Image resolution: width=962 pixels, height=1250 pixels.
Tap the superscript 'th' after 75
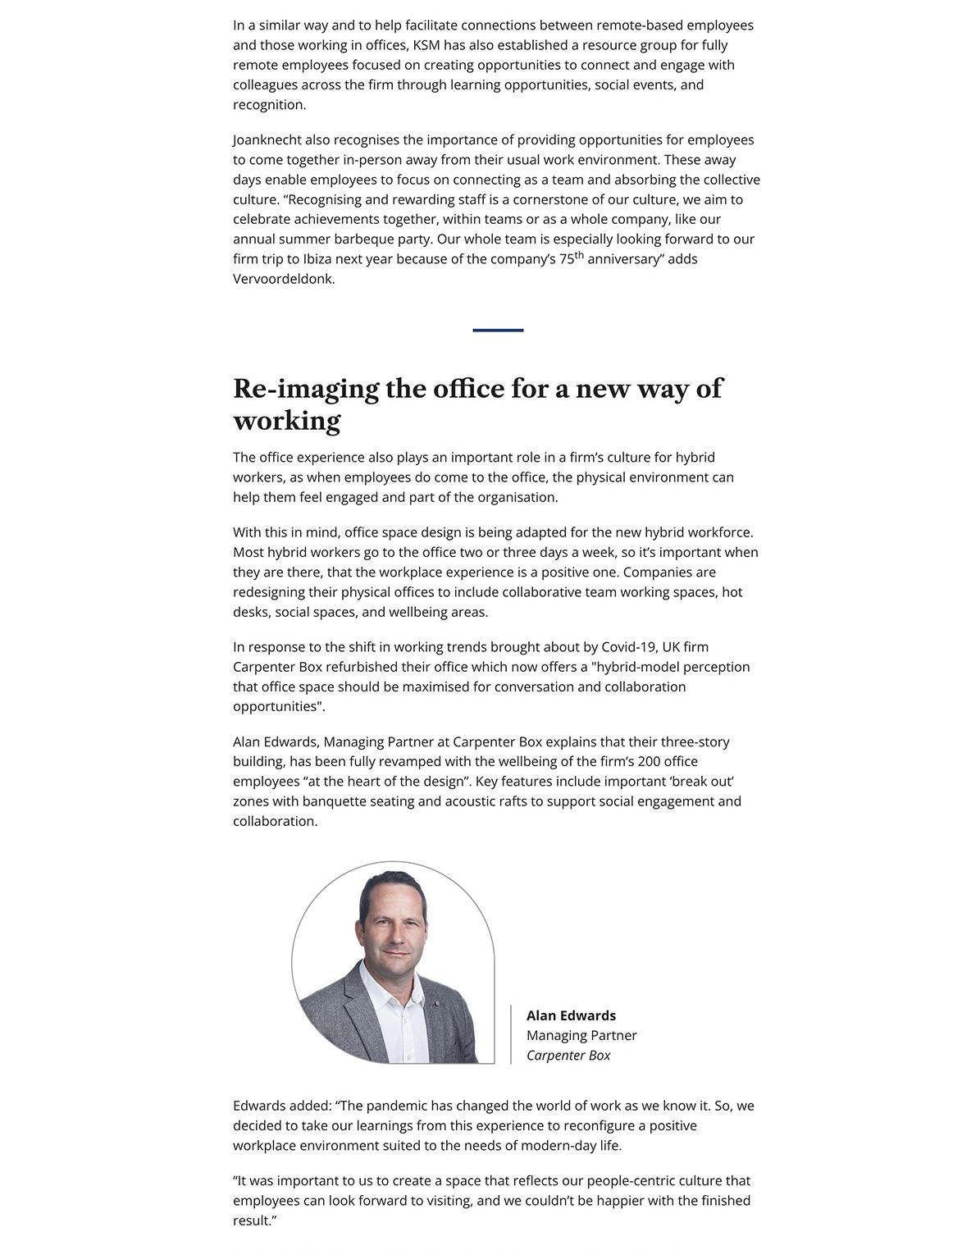coord(579,255)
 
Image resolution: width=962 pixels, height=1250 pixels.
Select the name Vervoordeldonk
coord(283,279)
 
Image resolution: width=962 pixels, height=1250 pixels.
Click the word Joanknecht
coord(267,140)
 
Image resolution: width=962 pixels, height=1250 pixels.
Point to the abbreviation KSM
coord(426,45)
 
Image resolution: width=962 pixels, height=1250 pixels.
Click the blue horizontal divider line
coord(498,330)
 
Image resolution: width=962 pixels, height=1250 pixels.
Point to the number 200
coord(650,762)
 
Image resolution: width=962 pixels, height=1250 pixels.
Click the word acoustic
coord(470,801)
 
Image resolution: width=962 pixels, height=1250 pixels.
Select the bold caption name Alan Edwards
coord(571,1015)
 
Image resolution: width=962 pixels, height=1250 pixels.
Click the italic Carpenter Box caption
coord(568,1056)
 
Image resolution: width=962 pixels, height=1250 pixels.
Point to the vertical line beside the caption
coord(511,1034)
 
